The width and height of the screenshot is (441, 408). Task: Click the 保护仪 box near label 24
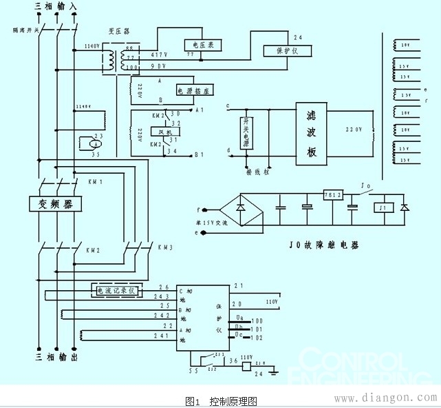pyautogui.click(x=288, y=51)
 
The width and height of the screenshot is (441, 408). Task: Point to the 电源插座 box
pyautogui.click(x=194, y=90)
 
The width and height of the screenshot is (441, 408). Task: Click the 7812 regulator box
pyautogui.click(x=332, y=195)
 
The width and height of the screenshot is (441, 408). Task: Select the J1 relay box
pyautogui.click(x=382, y=207)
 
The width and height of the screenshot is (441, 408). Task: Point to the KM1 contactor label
pyautogui.click(x=94, y=183)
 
